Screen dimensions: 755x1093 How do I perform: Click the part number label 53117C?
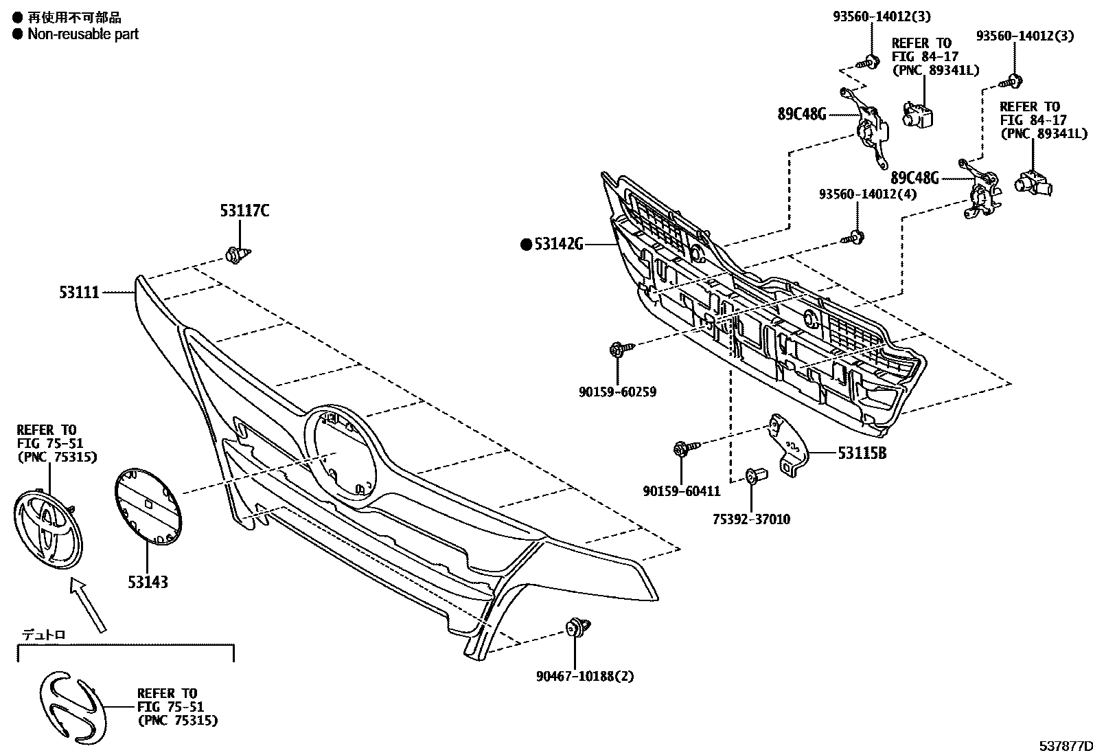244,211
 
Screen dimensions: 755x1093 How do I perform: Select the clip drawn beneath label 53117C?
237,256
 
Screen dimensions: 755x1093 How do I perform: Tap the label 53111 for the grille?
78,293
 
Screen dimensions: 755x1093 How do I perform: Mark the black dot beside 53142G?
526,243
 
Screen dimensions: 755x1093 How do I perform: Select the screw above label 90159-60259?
617,350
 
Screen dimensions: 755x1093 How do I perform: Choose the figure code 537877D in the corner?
1063,746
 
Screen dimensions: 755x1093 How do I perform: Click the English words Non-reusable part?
82,34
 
